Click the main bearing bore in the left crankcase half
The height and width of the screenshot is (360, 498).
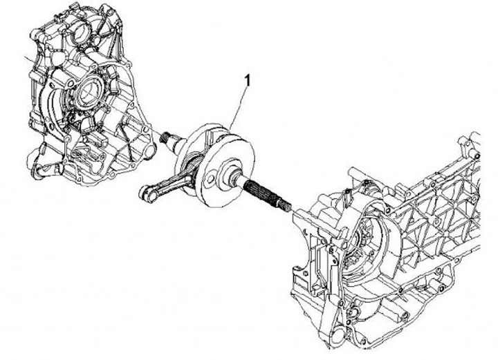click(x=90, y=91)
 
